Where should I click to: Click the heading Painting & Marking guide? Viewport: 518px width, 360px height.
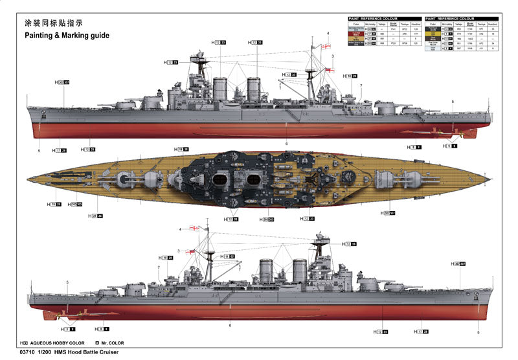coord(67,36)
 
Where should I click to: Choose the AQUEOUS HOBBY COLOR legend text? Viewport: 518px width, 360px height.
coord(58,343)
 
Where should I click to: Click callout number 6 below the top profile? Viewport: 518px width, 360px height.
coord(286,143)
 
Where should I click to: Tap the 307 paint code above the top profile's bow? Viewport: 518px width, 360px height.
coord(66,83)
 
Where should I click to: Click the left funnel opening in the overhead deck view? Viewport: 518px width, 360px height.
coord(222,179)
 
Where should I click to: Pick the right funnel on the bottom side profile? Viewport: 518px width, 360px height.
coord(298,271)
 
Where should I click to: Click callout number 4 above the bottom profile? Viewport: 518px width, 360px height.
coord(181,229)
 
